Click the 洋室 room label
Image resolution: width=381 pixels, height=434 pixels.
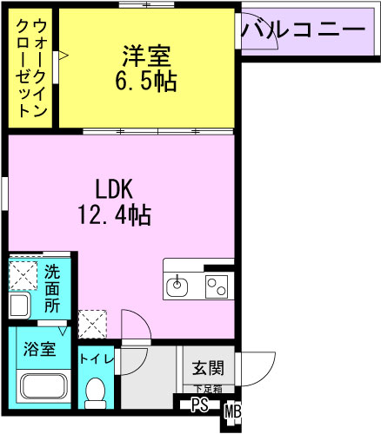point(146,56)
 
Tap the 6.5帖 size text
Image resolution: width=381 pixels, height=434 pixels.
point(146,82)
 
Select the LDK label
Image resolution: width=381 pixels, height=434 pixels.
point(114,189)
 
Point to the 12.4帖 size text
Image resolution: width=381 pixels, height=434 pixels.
point(114,215)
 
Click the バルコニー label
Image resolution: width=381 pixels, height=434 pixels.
point(304,30)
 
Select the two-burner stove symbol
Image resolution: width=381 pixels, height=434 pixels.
point(217,286)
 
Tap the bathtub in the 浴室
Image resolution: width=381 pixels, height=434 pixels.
point(43,386)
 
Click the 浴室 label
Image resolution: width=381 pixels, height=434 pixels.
point(39,349)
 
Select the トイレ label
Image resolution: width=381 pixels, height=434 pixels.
point(97,359)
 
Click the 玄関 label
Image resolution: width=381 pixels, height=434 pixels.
point(208,368)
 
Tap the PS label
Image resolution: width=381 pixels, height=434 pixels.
point(200,405)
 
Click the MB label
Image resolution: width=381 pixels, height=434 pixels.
point(233,412)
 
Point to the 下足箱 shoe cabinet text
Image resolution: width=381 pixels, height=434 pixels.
point(208,389)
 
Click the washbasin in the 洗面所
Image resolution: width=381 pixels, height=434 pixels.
point(19,306)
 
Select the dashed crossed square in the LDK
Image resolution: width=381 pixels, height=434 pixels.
point(92,324)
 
